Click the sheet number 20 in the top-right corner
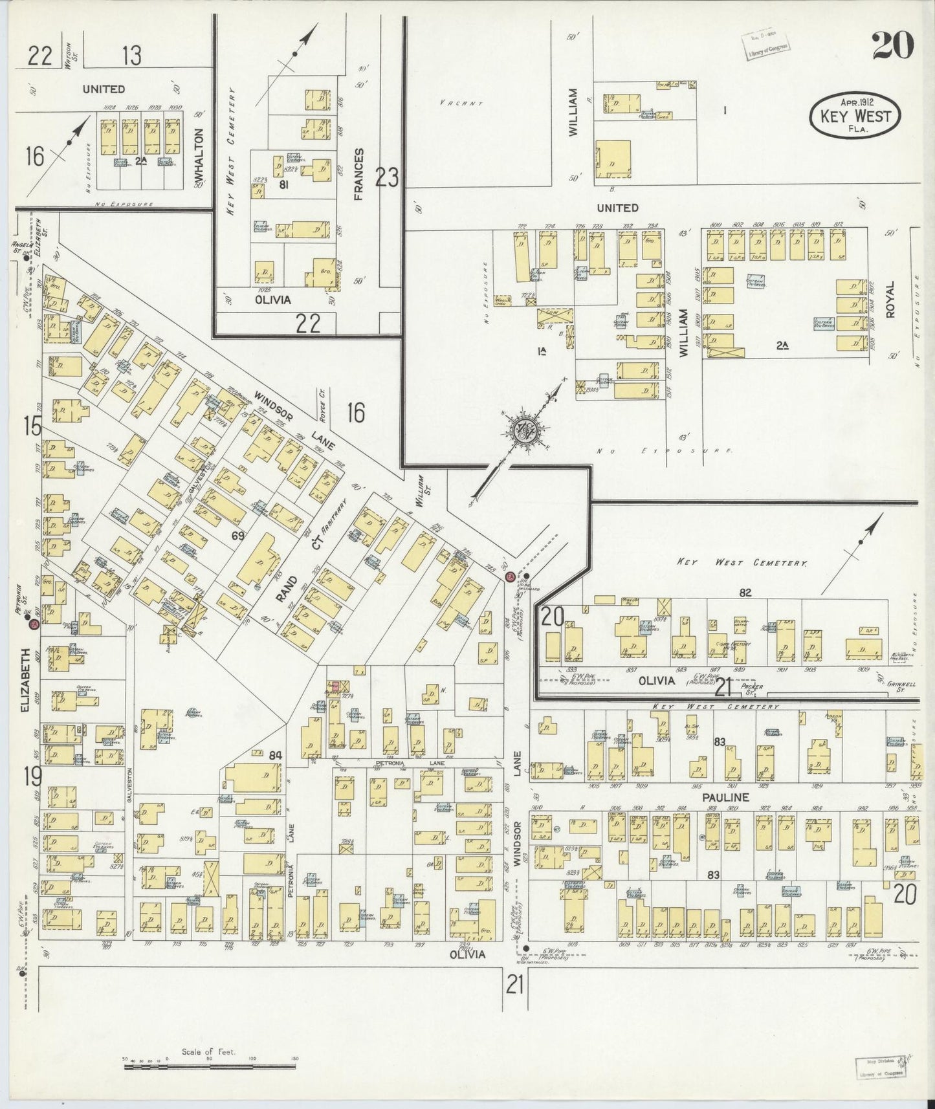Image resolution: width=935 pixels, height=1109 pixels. (892, 45)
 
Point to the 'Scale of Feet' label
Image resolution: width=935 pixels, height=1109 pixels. (208, 1052)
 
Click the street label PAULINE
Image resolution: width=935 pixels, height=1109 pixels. (727, 798)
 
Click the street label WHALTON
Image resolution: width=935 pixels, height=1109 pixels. (199, 155)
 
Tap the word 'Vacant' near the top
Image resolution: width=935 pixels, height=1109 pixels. (461, 103)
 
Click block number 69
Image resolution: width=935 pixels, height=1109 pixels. (239, 535)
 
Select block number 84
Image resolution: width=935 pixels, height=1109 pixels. (258, 754)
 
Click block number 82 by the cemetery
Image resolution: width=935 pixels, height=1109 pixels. (745, 593)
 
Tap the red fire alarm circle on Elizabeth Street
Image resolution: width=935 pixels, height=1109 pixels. (32, 624)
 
